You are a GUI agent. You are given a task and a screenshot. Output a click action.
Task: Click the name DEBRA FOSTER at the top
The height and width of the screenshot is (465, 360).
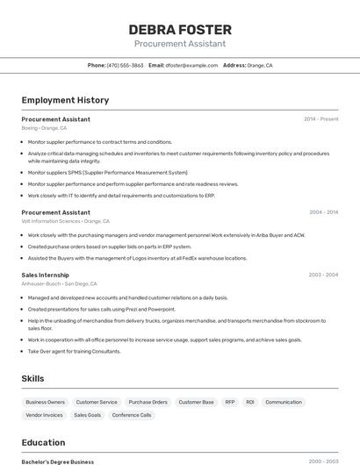[x=180, y=30]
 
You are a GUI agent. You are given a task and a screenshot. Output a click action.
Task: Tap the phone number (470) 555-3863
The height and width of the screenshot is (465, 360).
[x=125, y=65]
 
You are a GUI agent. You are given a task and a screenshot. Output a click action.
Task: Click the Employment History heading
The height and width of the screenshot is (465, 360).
[x=65, y=100]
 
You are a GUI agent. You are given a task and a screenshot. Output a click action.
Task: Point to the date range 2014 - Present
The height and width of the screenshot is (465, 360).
[x=320, y=119]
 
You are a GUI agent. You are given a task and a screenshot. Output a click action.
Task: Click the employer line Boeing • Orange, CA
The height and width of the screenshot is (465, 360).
[x=44, y=128]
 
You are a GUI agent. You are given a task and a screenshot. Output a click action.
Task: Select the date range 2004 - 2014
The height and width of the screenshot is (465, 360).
[x=323, y=212]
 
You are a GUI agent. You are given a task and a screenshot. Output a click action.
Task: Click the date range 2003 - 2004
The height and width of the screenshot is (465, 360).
[x=323, y=275]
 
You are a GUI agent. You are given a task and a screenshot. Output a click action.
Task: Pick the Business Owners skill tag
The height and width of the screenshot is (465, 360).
[x=45, y=402]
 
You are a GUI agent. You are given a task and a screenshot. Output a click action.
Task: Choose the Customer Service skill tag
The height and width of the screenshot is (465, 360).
[x=97, y=402]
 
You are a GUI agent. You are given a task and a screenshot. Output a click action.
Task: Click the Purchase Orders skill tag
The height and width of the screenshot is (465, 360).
[x=148, y=402]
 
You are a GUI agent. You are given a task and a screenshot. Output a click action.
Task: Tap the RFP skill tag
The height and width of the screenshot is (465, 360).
[x=230, y=402]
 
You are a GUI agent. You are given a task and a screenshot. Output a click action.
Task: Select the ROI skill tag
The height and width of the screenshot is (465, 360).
[x=250, y=402]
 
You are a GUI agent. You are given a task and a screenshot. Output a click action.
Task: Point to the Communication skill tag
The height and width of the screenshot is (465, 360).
[x=284, y=402]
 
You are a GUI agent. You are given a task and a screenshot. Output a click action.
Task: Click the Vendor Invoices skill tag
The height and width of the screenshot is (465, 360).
[x=45, y=415]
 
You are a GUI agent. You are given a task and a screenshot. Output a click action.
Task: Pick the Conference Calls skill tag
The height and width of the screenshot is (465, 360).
[x=132, y=415]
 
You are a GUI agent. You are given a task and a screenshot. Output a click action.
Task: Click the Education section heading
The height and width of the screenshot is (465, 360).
[x=43, y=442]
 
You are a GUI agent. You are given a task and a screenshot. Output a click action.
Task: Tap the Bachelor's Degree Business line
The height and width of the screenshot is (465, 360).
[x=58, y=461]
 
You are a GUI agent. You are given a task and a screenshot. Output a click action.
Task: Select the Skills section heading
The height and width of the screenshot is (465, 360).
[x=33, y=378]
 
